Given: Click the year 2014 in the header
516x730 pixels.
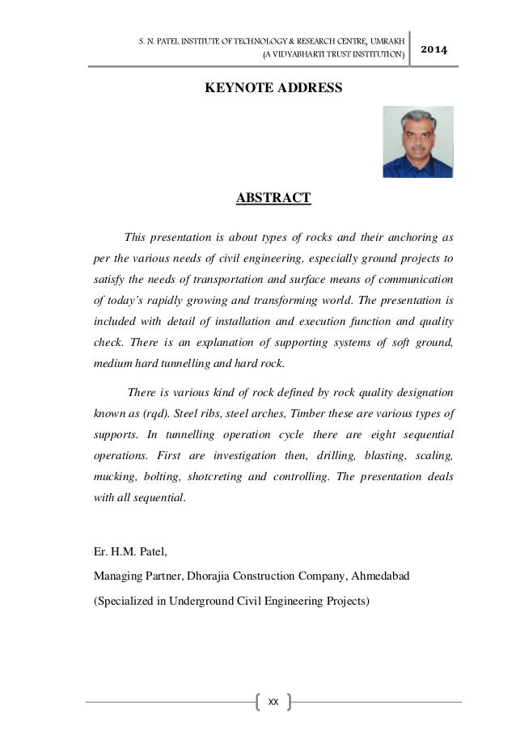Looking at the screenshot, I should pos(434,50).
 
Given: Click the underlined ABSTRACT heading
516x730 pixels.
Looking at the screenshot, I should pos(273,197).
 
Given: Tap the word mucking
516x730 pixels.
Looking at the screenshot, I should pos(112,475).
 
